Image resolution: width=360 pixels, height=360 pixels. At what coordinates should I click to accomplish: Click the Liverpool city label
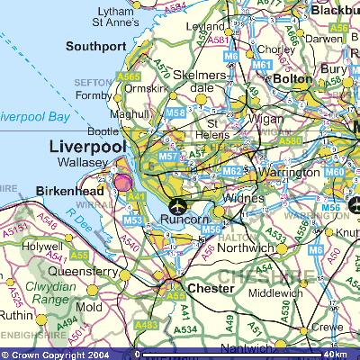point(87,147)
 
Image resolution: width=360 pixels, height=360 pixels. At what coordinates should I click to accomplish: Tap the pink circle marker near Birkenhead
point(121,184)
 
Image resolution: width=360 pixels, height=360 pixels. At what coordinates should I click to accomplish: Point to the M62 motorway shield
point(230,171)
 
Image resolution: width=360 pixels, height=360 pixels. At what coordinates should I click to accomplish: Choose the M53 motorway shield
point(132,220)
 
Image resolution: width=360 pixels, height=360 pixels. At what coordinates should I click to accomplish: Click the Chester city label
point(210,289)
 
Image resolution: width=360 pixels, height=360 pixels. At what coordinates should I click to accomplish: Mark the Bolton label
point(291,80)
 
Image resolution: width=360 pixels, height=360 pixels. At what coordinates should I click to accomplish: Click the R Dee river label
point(82,220)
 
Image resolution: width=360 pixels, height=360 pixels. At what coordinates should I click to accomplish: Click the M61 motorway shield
point(262,66)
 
